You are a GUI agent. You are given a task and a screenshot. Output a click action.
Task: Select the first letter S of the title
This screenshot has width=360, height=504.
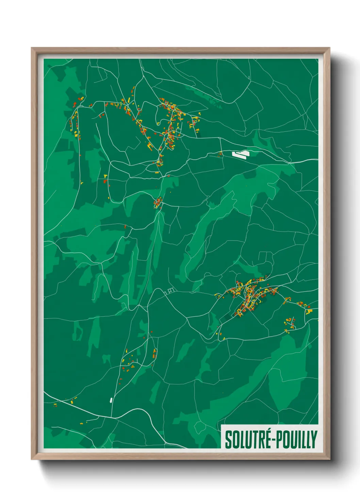pyautogui.click(x=228, y=439)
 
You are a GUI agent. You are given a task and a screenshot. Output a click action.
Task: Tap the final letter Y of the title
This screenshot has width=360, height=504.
pyautogui.click(x=314, y=439)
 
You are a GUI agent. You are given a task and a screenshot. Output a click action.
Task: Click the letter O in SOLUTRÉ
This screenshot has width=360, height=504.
pyautogui.click(x=235, y=439)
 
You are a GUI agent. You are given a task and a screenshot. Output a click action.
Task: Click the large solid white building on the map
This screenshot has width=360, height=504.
pyautogui.click(x=241, y=154)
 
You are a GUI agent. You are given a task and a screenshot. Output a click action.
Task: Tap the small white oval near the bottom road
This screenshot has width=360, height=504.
pyautogui.click(x=111, y=399)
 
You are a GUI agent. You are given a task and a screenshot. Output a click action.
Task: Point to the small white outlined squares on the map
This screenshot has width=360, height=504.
pyautogui.click(x=170, y=290)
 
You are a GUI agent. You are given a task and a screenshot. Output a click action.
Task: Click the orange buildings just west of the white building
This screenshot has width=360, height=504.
pyautogui.click(x=220, y=154)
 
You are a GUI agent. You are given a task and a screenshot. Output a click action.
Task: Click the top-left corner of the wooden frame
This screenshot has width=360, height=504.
pyautogui.click(x=32, y=48)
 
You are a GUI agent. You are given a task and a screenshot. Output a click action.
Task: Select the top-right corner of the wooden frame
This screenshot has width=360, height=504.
pyautogui.click(x=329, y=48)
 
